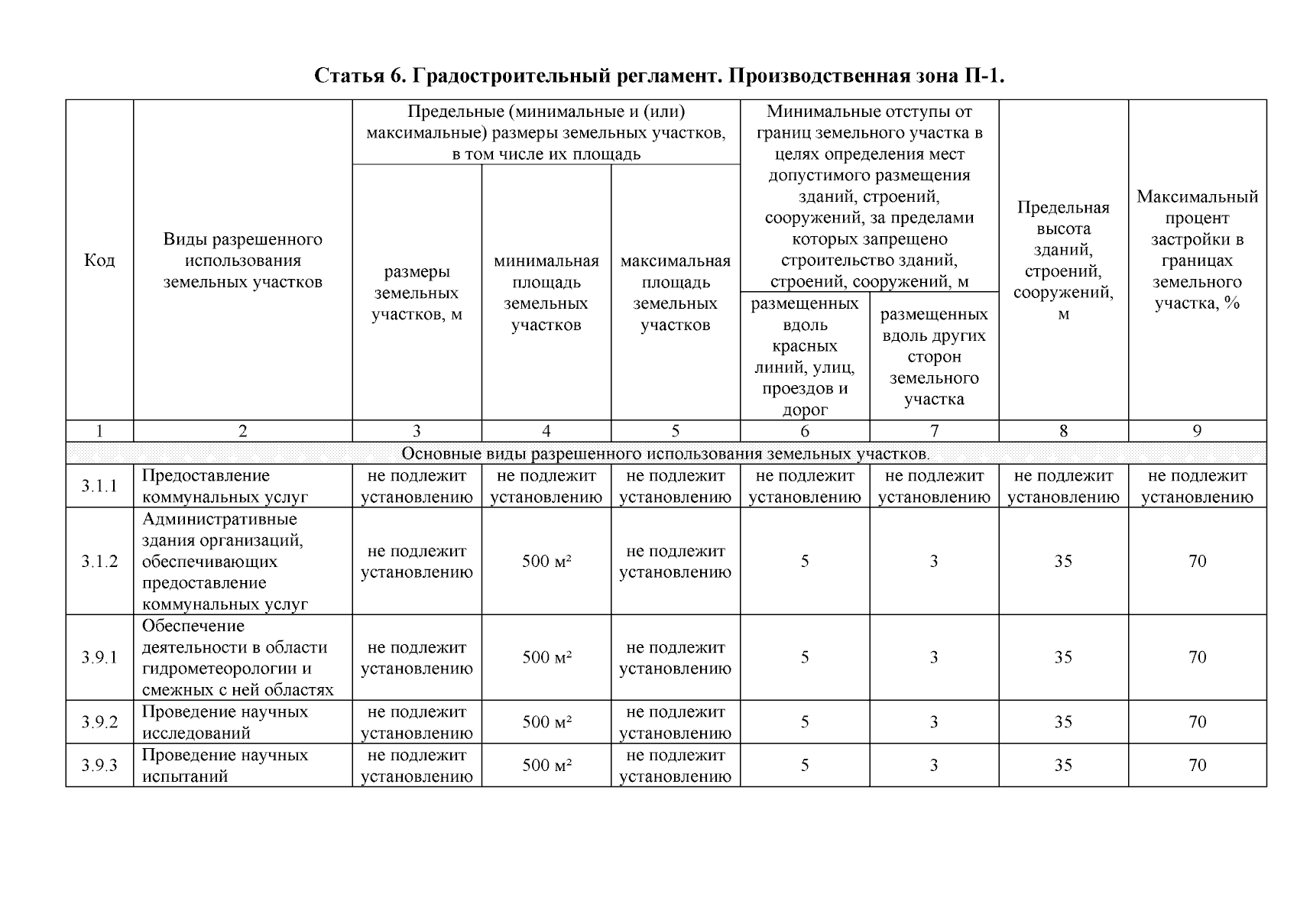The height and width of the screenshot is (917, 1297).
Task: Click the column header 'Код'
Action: (99, 261)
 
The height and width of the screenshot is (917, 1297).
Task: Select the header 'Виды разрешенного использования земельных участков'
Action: (242, 261)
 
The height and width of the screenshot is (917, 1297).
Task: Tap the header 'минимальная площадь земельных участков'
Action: (546, 293)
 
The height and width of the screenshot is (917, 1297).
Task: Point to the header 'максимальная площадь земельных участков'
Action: (675, 293)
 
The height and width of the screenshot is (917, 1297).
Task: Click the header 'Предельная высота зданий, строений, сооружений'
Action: (1063, 261)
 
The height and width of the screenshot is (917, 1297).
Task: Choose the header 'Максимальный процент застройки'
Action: (1197, 250)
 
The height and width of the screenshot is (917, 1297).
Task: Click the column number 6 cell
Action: (805, 431)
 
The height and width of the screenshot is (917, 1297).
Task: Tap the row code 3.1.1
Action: (99, 486)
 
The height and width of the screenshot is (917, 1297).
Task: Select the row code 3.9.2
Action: (99, 722)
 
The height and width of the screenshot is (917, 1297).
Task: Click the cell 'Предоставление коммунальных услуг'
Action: (225, 486)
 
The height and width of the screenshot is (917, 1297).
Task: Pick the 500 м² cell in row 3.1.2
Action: (546, 562)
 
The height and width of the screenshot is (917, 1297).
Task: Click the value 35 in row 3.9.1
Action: (1063, 657)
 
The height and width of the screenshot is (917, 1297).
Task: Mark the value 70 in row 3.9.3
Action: (1197, 766)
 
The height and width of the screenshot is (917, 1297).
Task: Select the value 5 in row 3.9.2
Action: (805, 722)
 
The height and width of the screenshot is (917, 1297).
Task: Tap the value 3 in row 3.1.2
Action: (934, 562)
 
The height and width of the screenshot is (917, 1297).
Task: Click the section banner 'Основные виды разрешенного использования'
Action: (665, 454)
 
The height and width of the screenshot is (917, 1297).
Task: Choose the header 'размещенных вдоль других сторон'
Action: (934, 356)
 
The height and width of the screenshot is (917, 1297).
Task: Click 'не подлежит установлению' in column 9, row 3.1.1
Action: (1197, 486)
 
